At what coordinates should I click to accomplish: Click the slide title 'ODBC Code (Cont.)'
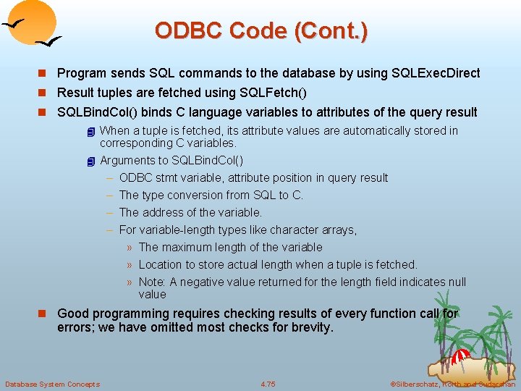[x=260, y=30]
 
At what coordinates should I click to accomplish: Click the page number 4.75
[x=267, y=384]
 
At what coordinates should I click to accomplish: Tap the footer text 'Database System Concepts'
[x=52, y=384]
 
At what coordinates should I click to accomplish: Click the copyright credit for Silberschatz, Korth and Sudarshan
[x=452, y=384]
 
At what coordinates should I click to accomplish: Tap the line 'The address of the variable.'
[x=190, y=212]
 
